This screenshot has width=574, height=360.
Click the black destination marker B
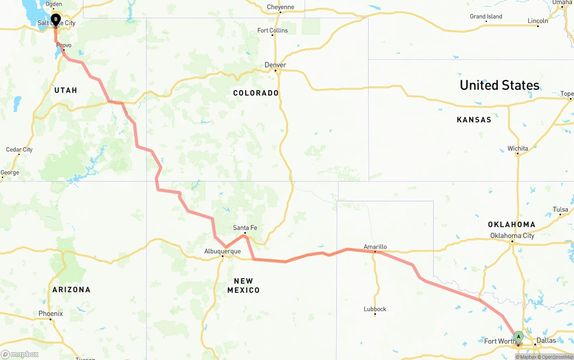[x=56, y=20]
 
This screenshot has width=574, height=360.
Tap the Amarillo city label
[x=375, y=247]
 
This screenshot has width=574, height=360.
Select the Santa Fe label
[x=245, y=228]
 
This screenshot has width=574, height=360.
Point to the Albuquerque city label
[x=222, y=251]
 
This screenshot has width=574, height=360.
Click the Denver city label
[x=275, y=65]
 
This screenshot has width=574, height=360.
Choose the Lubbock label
[x=375, y=309]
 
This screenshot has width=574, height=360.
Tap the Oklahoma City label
[x=512, y=235]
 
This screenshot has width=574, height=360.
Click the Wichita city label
[x=517, y=148]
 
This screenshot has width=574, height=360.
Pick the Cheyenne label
[x=280, y=7]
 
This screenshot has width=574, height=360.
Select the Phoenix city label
[x=50, y=313]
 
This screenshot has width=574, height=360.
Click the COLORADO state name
[x=256, y=93]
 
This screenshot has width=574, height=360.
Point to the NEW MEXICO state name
[x=243, y=286]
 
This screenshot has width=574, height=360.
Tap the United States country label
[x=499, y=85]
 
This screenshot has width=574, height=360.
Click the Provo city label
[x=64, y=45]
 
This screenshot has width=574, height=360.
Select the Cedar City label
[x=19, y=149]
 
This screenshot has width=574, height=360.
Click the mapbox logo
[x=20, y=354]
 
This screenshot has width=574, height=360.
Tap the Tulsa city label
[x=561, y=209]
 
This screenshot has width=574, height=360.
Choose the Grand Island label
[x=486, y=17]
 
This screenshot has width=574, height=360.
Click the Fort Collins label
[x=273, y=30]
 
